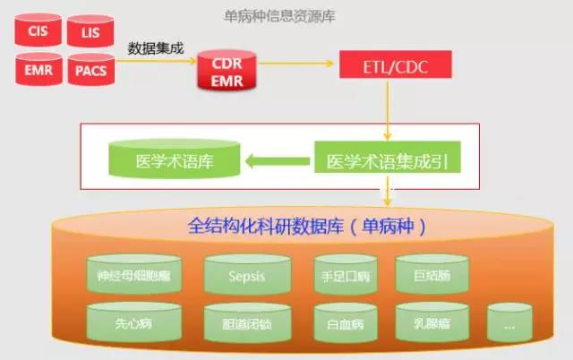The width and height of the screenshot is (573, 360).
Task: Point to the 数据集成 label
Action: (x=156, y=48)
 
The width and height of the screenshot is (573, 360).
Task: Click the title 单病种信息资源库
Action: (x=278, y=15)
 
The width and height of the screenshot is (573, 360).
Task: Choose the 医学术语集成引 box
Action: (x=387, y=162)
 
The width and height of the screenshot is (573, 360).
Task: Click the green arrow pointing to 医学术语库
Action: (x=273, y=162)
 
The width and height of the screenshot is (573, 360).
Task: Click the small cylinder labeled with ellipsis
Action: (x=510, y=322)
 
